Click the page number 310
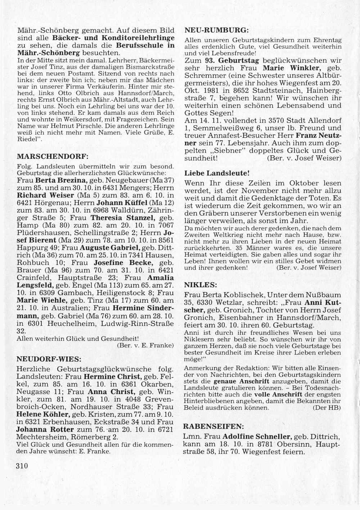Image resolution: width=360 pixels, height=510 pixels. click(x=22, y=465)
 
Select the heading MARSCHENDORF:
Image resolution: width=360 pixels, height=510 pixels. click(x=53, y=157)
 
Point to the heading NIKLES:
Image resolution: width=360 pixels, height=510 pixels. click(x=201, y=285)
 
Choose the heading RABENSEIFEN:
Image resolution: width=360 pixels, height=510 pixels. click(x=213, y=426)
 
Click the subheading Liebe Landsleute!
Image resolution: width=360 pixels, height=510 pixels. click(x=217, y=173)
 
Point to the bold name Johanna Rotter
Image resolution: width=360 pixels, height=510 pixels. click(x=45, y=429)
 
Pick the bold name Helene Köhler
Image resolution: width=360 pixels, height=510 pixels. click(x=44, y=414)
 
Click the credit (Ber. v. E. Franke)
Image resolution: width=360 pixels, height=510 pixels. click(x=145, y=346)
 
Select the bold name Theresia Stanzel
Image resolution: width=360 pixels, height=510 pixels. click(x=123, y=218)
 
